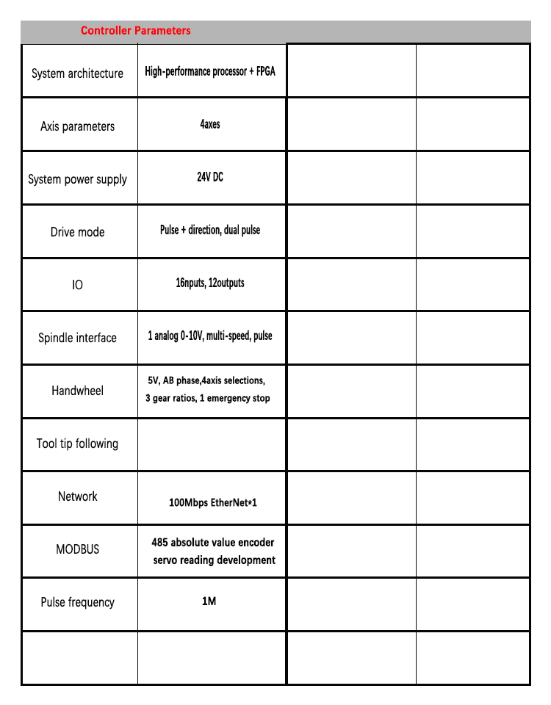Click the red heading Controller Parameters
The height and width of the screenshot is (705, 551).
coord(135,31)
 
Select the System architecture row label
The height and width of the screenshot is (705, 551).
coord(77,73)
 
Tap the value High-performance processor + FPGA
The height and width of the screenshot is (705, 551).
coord(210,72)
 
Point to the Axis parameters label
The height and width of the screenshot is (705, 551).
coord(77,126)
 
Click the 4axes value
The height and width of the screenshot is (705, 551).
coord(210,125)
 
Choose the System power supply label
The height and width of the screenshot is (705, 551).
coord(77,179)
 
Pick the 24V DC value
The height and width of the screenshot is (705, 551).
coord(210,177)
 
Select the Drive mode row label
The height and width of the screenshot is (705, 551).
coord(77,232)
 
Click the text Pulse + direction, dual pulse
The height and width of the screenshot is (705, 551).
coord(210,230)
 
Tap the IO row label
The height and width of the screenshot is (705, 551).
coord(77,284)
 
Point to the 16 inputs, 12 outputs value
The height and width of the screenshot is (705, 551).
coord(210,283)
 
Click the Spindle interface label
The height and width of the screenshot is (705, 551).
coord(77,338)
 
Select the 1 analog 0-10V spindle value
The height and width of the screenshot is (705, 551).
coord(210,336)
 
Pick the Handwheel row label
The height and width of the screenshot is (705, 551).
coord(77,391)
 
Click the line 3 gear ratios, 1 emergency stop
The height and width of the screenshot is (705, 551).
coord(208,398)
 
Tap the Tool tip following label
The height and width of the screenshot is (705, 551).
coord(77,444)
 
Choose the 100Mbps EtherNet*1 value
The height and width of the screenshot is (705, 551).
coord(213,503)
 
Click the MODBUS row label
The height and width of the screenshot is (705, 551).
coord(77,549)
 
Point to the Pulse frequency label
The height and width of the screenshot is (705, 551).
coord(77,602)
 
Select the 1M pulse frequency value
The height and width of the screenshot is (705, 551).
coord(209,601)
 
